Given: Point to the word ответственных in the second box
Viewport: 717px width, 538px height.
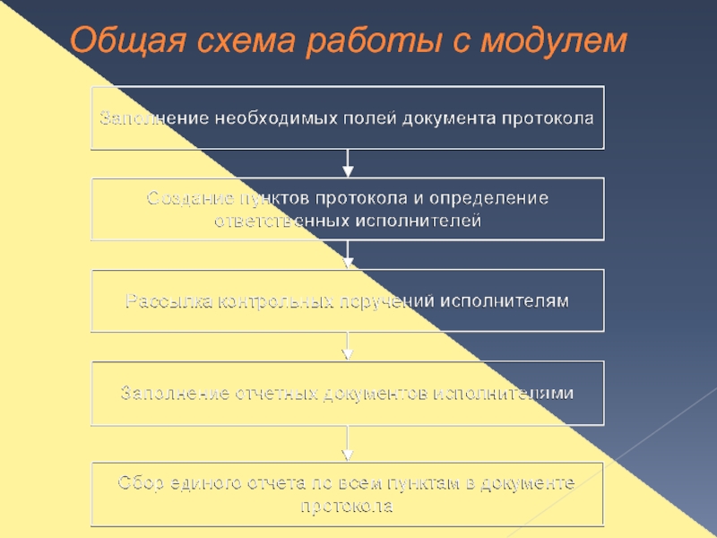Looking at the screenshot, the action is [278, 220].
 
